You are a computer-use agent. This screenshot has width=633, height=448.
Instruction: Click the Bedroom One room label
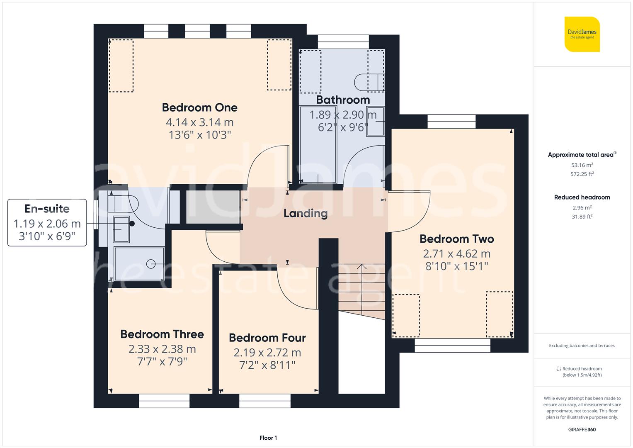click(199, 107)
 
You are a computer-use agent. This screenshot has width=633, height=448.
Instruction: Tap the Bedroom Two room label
click(457, 239)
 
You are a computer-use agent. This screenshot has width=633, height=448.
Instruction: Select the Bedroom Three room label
click(162, 334)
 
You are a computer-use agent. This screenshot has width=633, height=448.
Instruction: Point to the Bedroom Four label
click(267, 338)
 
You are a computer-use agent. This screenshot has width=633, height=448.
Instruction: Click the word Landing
click(306, 214)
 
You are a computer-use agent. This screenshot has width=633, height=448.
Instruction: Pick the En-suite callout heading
click(47, 209)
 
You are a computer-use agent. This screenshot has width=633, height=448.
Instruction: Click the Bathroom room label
click(343, 100)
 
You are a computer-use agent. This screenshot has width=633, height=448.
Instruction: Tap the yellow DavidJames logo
click(582, 34)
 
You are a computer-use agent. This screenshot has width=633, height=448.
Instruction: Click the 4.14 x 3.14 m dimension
click(199, 122)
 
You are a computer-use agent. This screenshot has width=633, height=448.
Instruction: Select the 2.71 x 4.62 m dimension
click(457, 254)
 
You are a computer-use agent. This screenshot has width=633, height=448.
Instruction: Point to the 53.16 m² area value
click(582, 165)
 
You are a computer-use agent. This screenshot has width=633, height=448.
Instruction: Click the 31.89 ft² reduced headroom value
click(582, 217)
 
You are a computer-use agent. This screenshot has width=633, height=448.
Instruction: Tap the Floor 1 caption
click(268, 438)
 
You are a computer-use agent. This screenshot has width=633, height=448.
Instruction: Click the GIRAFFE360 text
click(582, 429)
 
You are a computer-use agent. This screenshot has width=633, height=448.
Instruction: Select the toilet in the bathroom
click(369, 83)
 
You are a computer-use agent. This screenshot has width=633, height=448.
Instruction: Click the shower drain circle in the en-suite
click(150, 264)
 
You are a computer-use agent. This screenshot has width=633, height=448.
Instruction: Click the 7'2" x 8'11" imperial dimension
click(267, 365)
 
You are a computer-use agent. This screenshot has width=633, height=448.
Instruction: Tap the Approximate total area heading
click(582, 154)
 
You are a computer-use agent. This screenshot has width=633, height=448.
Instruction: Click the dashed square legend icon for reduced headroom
click(558, 368)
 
